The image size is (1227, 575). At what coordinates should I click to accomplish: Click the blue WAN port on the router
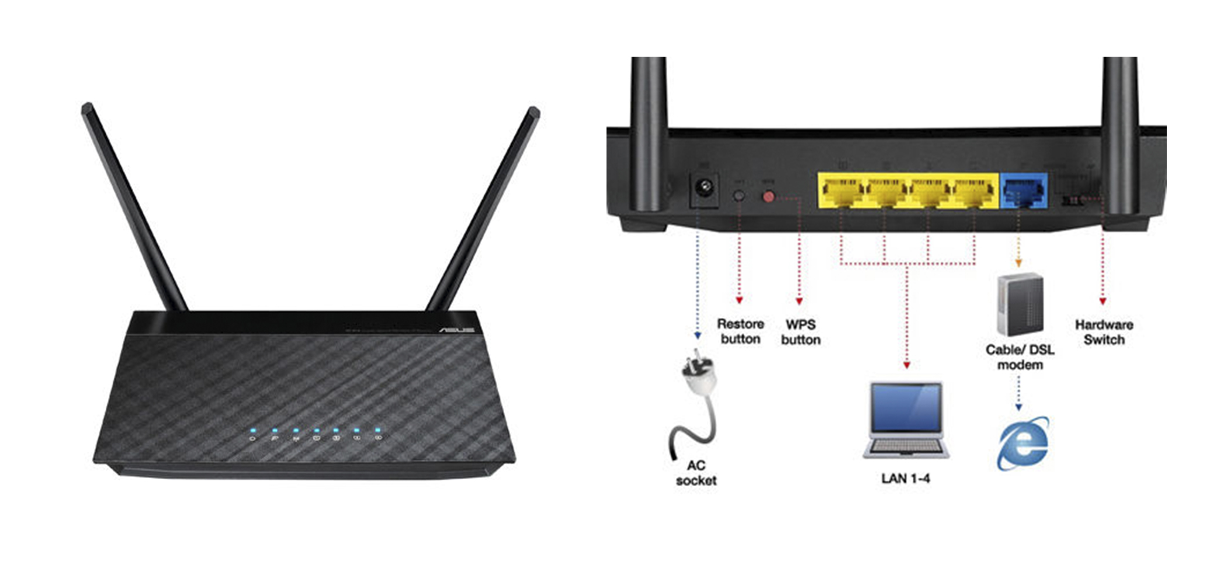tap(1023, 190)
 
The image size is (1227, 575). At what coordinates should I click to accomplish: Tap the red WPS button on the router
tap(768, 197)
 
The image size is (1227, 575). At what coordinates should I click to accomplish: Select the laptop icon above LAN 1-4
tap(906, 420)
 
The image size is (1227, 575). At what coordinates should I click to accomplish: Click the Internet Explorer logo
tap(1023, 443)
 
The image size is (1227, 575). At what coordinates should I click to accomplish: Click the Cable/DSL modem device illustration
tap(1020, 304)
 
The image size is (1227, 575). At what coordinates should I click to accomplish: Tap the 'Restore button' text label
tap(740, 331)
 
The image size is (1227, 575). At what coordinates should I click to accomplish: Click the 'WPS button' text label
tap(800, 332)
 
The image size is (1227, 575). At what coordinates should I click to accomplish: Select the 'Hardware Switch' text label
tap(1104, 332)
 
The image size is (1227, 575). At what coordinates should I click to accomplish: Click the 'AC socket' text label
tap(696, 473)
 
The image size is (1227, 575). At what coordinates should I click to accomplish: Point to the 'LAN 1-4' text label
tap(905, 479)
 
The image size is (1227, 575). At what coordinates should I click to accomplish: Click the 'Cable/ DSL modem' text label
tap(1020, 357)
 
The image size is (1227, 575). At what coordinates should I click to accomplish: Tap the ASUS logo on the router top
tap(456, 330)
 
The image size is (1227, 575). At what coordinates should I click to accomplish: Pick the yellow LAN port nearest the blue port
tap(973, 192)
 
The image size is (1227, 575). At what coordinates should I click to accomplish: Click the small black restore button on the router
tap(739, 196)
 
